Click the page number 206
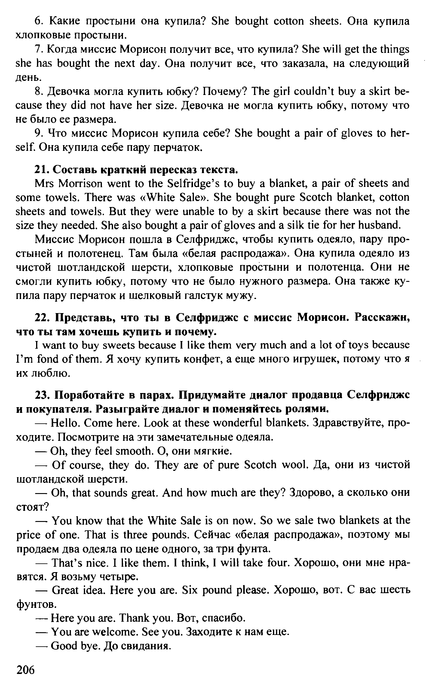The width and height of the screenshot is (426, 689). pos(26,669)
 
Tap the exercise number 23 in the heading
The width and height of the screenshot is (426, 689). pos(41,395)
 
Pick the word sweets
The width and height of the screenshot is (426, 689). pos(118,346)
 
